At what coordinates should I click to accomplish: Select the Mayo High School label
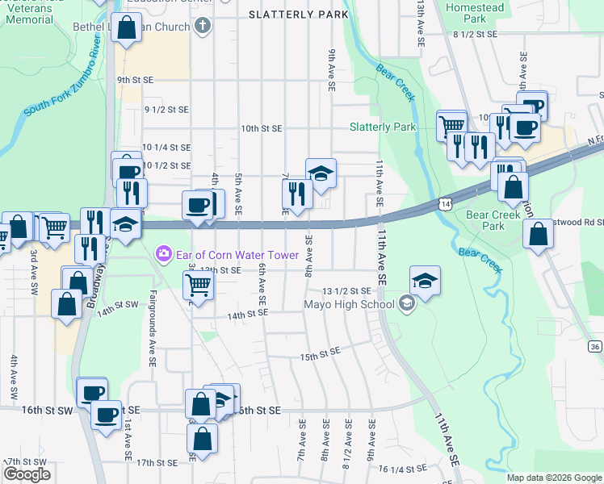point(348,304)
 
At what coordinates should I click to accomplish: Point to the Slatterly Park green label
point(383,127)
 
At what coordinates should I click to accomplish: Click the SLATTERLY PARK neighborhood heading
point(299,15)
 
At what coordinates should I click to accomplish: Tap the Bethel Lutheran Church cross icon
point(203,27)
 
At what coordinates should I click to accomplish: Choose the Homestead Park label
point(475,13)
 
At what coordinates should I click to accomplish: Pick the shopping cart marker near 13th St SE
point(198,284)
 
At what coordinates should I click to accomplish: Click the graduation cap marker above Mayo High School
point(425,281)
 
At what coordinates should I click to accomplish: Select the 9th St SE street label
point(135,80)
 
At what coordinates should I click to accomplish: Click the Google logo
point(27,474)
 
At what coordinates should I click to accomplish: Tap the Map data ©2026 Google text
point(554,478)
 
